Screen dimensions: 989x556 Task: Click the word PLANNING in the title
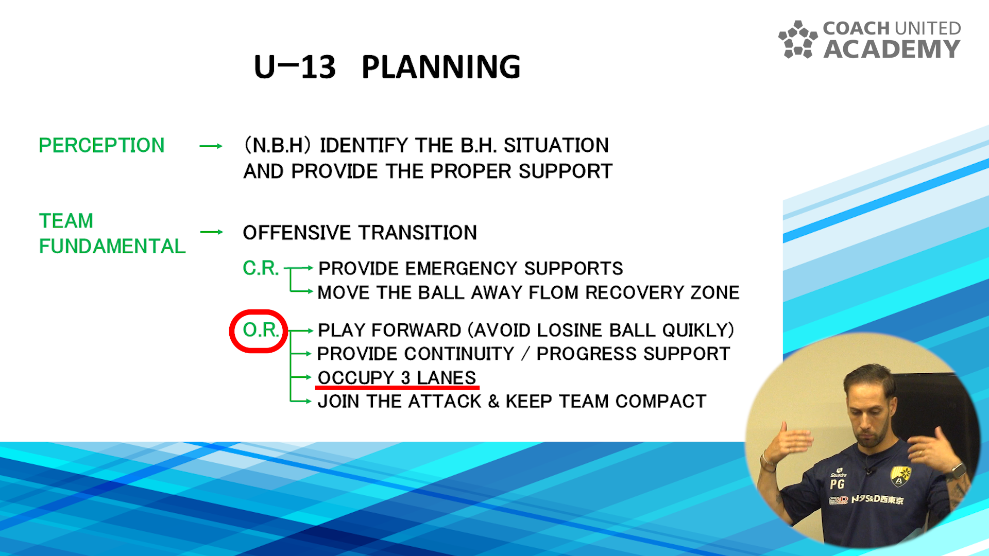(441, 67)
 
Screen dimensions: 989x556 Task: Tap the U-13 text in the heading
(295, 67)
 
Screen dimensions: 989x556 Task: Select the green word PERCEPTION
(101, 145)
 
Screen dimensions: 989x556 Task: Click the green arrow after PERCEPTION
(211, 146)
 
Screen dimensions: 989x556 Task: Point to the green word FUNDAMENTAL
(112, 246)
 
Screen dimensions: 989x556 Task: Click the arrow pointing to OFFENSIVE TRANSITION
(212, 232)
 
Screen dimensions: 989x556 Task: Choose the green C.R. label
(261, 268)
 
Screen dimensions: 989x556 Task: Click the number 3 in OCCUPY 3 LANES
(405, 377)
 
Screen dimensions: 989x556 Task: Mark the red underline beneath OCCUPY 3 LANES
(397, 387)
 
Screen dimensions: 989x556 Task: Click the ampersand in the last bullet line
(493, 401)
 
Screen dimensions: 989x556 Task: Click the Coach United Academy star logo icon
(798, 40)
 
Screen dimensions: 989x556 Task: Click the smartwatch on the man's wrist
(958, 471)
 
